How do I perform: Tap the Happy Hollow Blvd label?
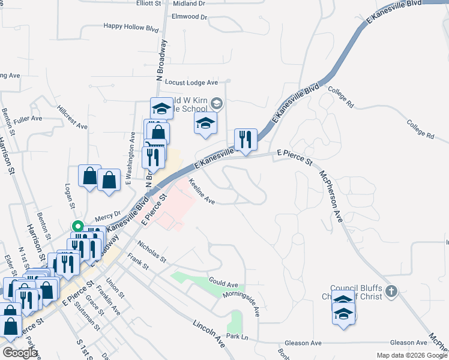[x=131, y=26]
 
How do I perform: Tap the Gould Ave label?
[x=223, y=283]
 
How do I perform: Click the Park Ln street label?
[x=237, y=337]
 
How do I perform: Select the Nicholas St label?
[x=151, y=253]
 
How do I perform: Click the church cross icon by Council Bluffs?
[x=391, y=292]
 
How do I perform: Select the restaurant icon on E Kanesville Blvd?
[x=246, y=140]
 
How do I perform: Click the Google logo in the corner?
[x=20, y=353]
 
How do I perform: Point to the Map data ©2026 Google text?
[x=412, y=355]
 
